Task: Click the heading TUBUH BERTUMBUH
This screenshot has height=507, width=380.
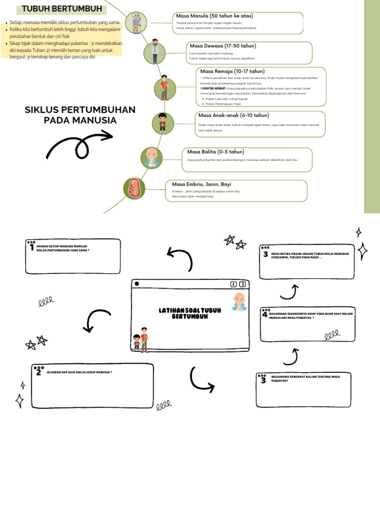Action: pos(62,9)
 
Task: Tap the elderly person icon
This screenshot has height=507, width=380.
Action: pos(136,23)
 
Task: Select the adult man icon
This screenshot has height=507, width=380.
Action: pos(155,52)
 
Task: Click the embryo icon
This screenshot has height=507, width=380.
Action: pos(134,189)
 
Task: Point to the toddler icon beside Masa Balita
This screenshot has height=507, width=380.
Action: pos(151,157)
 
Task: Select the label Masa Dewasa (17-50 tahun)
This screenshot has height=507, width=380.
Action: pos(222,46)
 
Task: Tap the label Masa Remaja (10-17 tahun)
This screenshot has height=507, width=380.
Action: pos(232,71)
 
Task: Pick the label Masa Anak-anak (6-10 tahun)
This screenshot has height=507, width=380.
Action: pos(234,115)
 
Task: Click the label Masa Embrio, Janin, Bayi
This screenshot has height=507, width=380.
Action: pos(202,184)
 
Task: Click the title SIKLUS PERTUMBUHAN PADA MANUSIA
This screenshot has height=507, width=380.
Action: pos(80,115)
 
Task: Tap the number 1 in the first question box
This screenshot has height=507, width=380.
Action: pos(32,247)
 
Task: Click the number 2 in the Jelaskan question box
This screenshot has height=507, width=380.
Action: pos(39,372)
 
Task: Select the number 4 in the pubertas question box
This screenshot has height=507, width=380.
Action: pos(265,314)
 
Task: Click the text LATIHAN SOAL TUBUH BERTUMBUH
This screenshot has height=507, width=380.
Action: pos(190,313)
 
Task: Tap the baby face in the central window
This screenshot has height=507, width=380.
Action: pos(239,301)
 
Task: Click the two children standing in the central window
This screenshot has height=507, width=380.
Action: pos(141,340)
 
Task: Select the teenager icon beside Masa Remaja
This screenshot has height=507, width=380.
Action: pos(164,88)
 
